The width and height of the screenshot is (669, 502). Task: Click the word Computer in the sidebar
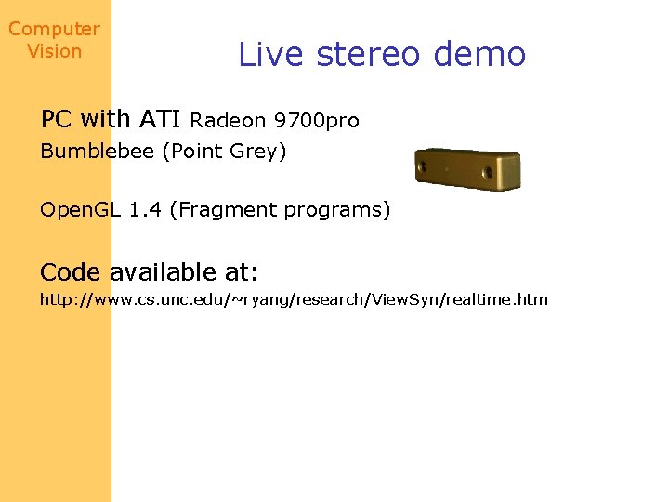[x=54, y=29]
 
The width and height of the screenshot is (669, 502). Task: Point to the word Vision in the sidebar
[x=54, y=51]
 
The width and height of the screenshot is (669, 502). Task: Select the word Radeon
[x=228, y=120]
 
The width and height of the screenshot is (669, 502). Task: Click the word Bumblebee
[x=98, y=152]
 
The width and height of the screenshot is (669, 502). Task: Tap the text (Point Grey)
[x=224, y=152]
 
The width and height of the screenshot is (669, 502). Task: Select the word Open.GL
[x=81, y=210]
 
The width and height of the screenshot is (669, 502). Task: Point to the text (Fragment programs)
[x=280, y=210]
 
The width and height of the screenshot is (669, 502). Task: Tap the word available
[x=164, y=272]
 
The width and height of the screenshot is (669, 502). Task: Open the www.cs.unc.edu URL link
[x=294, y=299]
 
